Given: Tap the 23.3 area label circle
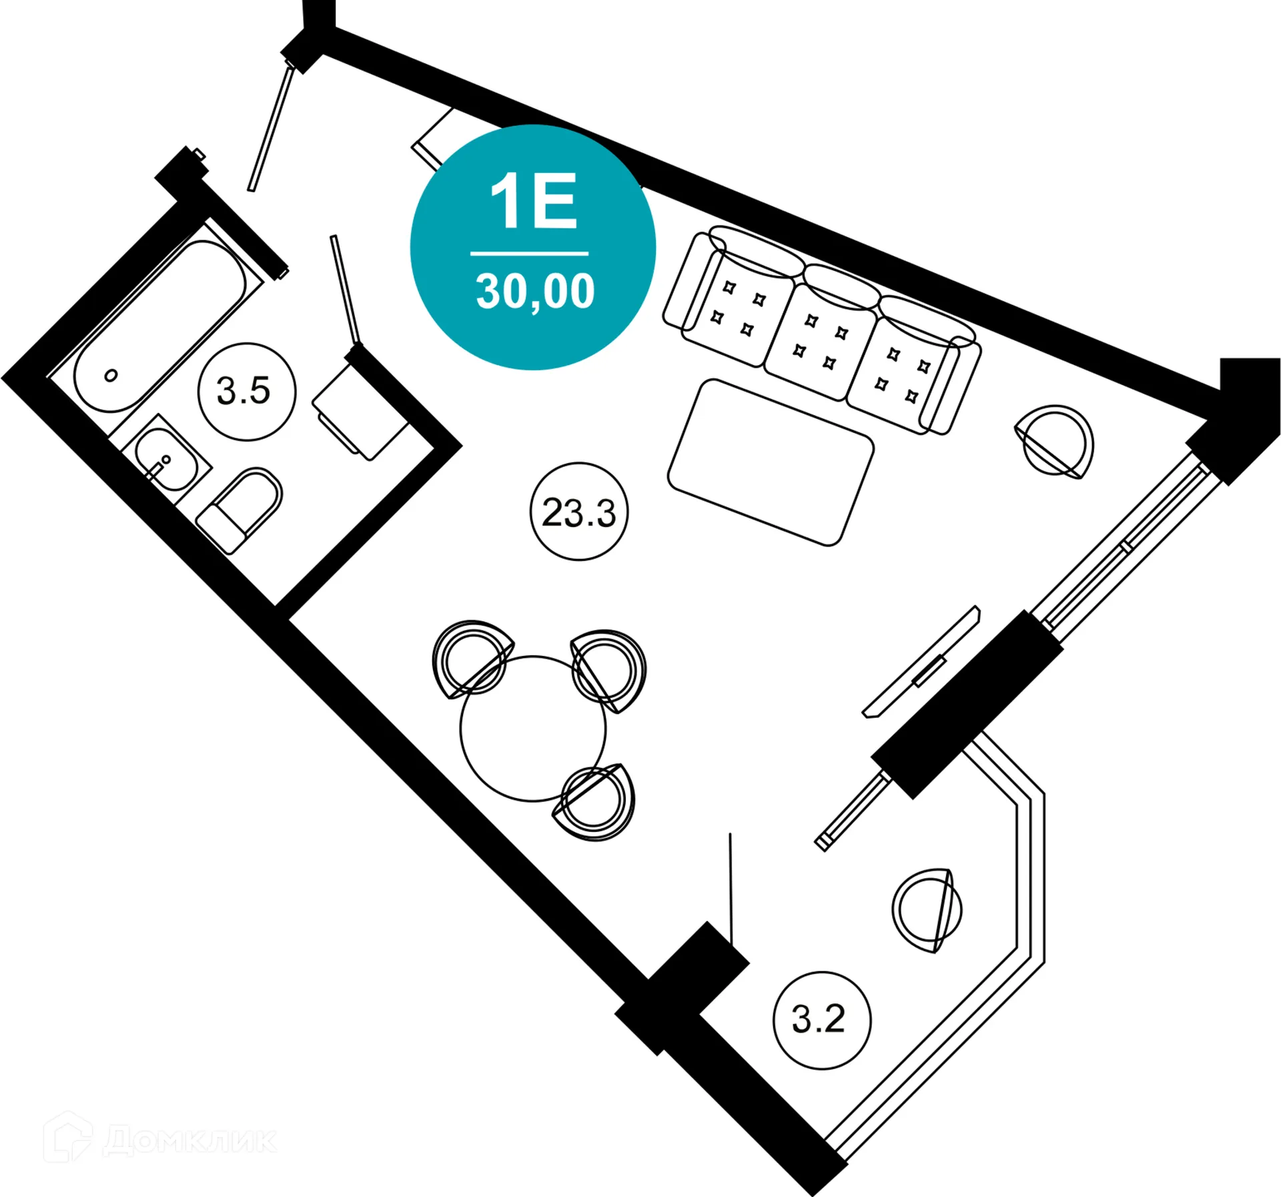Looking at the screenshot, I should coord(578,512).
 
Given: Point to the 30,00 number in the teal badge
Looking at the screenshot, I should coord(534,292).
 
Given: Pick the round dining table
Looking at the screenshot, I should coord(532,729).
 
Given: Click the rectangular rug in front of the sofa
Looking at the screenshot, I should coord(770,462).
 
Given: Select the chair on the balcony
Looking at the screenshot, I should coord(927,910).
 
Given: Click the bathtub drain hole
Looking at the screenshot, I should coord(111,376).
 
